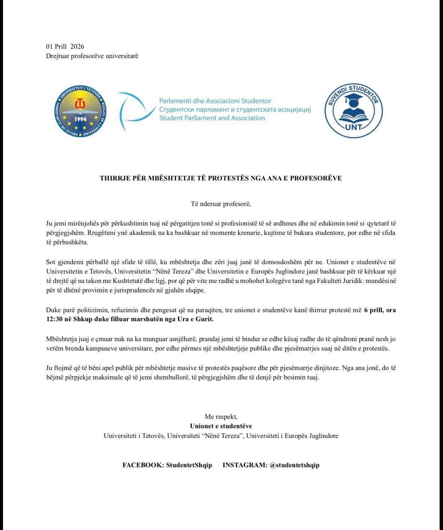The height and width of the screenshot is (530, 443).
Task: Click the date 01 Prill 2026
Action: point(65,47)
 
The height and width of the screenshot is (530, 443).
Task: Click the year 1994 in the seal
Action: point(80,119)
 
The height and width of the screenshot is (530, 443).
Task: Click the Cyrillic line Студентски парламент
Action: point(235,110)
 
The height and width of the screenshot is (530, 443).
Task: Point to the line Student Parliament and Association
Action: point(212,118)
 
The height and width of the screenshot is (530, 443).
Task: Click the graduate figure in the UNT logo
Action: point(353,107)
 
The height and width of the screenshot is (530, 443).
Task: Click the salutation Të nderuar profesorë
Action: point(221,204)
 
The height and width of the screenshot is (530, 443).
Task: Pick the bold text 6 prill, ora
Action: point(380,310)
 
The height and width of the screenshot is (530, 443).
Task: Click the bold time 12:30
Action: point(54,319)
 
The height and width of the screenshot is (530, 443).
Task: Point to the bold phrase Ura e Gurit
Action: point(197,319)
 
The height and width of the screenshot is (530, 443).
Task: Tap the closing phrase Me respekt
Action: point(221,417)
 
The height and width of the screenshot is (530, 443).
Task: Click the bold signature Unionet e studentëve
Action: point(221,426)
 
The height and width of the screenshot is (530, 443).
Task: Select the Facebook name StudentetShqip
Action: point(189,465)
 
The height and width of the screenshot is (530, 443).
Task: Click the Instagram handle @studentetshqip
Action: point(295,465)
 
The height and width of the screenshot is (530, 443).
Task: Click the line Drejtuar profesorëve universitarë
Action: point(92,56)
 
